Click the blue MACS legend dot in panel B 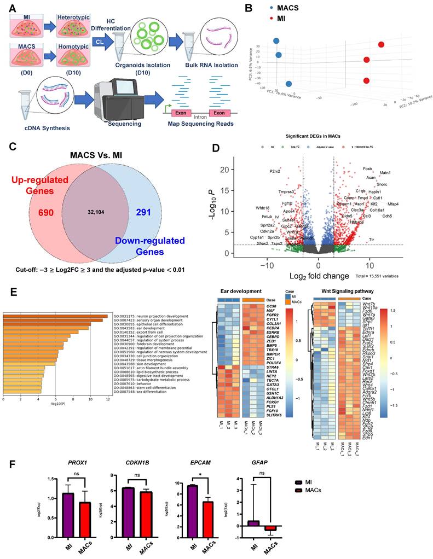pos(279,8)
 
